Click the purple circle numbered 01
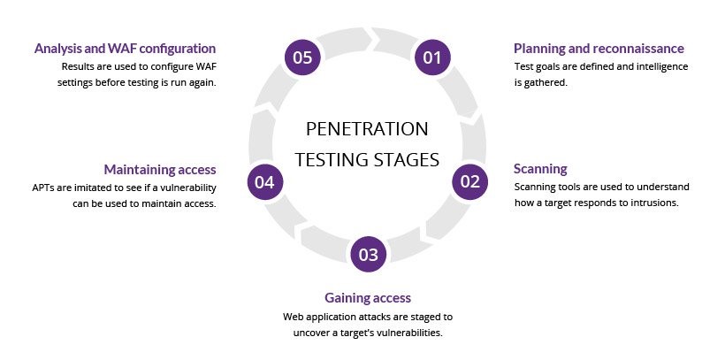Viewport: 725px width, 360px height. pos(431,58)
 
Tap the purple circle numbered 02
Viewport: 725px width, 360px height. pos(469,181)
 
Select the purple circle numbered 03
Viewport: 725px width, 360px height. pos(368,255)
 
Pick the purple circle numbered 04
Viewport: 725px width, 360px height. pos(265,181)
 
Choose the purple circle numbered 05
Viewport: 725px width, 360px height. pos(303,58)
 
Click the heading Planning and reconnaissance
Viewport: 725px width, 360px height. pos(599,48)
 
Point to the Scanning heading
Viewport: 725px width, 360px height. pos(540,168)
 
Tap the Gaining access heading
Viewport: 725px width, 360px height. pos(368,297)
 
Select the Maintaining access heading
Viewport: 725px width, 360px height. pos(159,169)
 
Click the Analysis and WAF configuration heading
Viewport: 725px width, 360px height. pos(125,48)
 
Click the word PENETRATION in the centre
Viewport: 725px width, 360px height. pos(367,129)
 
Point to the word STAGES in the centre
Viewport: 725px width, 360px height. pos(408,160)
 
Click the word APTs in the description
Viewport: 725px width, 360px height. pos(43,187)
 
